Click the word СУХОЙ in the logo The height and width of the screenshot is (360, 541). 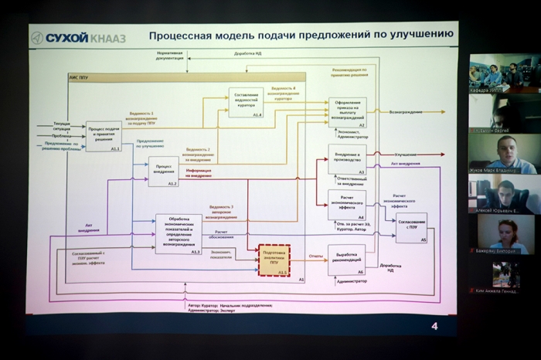(x=66, y=37)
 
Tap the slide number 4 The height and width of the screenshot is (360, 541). (x=434, y=326)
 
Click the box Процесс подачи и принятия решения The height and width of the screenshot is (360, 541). (x=104, y=135)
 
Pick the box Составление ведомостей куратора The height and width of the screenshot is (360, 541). (x=245, y=102)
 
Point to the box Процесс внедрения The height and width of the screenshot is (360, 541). (x=163, y=172)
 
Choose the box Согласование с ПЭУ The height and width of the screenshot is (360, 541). (x=411, y=228)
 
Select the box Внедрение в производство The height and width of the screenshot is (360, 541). (x=346, y=159)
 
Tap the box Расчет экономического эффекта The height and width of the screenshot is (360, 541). (x=346, y=205)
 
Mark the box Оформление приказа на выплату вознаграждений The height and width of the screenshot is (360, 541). (x=347, y=112)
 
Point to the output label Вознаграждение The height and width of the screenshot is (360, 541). (x=406, y=112)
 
